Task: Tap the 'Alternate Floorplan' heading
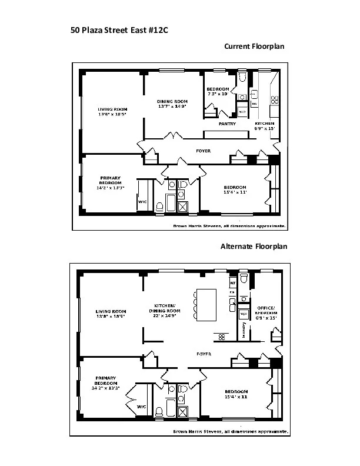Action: click(x=254, y=246)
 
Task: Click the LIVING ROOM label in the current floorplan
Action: click(x=112, y=112)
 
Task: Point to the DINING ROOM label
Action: click(x=172, y=104)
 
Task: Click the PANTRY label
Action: click(x=227, y=124)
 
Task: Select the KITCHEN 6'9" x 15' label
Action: click(x=264, y=125)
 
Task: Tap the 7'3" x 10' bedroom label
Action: click(x=218, y=92)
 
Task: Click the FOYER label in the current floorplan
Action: click(x=203, y=151)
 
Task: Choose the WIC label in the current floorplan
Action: click(x=142, y=202)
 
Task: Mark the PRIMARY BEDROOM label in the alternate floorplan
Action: click(x=106, y=382)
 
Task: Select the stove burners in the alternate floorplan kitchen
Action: click(x=223, y=337)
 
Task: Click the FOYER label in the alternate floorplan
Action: click(x=204, y=354)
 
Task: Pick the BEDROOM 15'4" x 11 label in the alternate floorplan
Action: click(x=235, y=394)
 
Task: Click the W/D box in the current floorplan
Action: click(x=242, y=111)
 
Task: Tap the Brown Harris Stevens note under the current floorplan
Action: click(x=229, y=226)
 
